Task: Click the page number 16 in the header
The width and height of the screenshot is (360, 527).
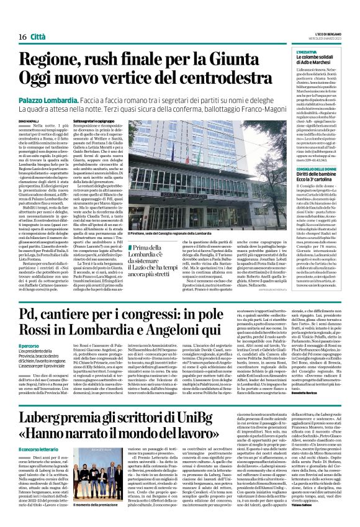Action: (13, 20)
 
